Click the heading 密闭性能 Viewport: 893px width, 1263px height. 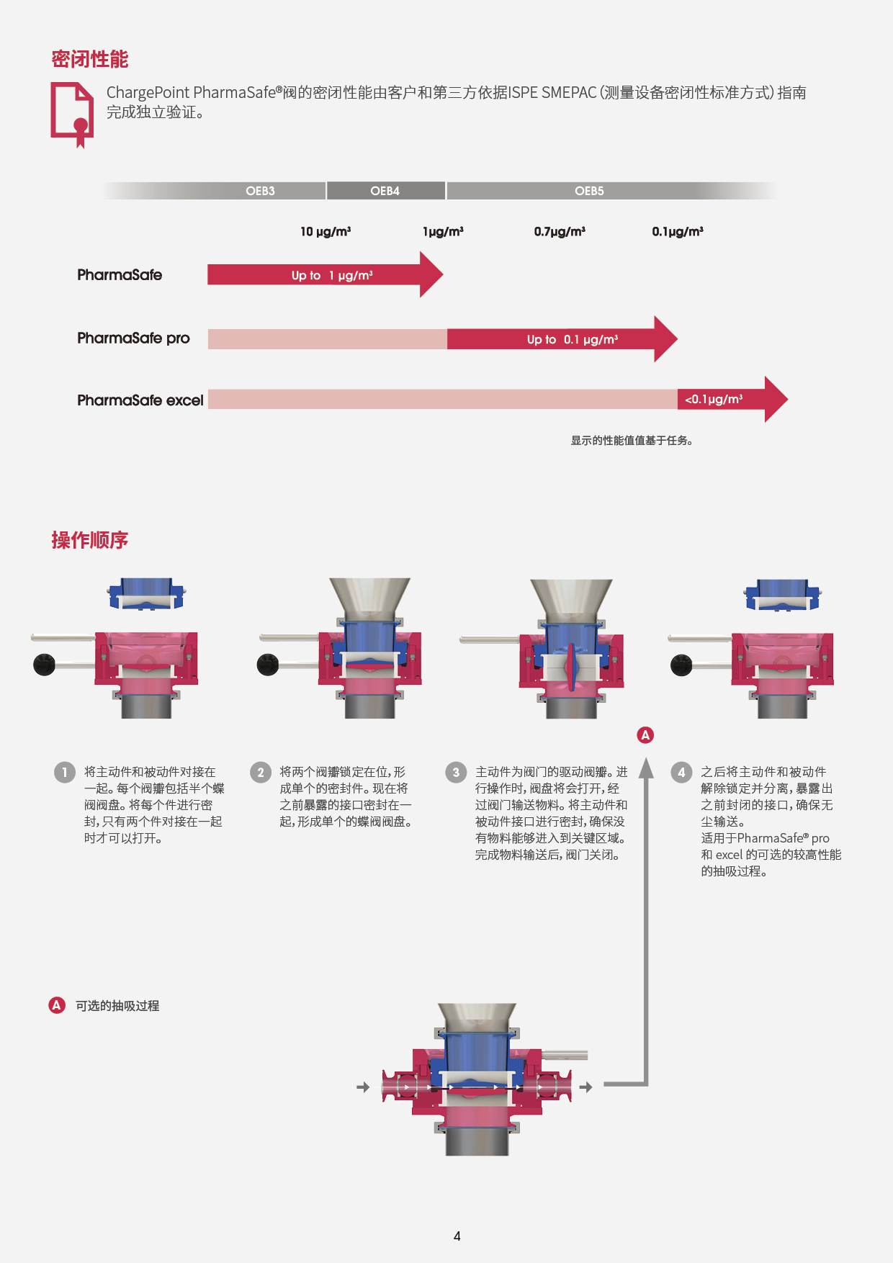click(89, 59)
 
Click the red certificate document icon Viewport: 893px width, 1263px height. click(72, 113)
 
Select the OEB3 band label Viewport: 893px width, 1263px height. click(260, 191)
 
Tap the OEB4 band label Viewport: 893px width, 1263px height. click(385, 191)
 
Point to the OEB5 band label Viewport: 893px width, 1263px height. click(589, 191)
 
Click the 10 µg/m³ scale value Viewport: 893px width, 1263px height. click(326, 231)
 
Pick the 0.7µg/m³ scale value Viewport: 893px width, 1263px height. click(560, 231)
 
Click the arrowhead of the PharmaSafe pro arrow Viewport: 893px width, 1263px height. click(665, 338)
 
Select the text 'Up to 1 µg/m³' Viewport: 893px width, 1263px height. click(332, 275)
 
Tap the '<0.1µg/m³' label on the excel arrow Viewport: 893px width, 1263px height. click(714, 399)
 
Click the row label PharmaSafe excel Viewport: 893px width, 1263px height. click(140, 400)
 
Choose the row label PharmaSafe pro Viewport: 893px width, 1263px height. click(133, 338)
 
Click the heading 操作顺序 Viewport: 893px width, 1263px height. click(89, 540)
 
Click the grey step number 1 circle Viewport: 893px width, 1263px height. click(64, 773)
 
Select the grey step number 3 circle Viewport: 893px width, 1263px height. click(455, 773)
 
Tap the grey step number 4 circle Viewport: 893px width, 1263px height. click(681, 773)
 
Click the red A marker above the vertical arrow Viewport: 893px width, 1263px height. click(645, 735)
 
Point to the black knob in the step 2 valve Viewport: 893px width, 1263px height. click(268, 665)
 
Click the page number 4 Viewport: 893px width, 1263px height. click(457, 1236)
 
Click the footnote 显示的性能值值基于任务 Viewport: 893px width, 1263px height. click(632, 441)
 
